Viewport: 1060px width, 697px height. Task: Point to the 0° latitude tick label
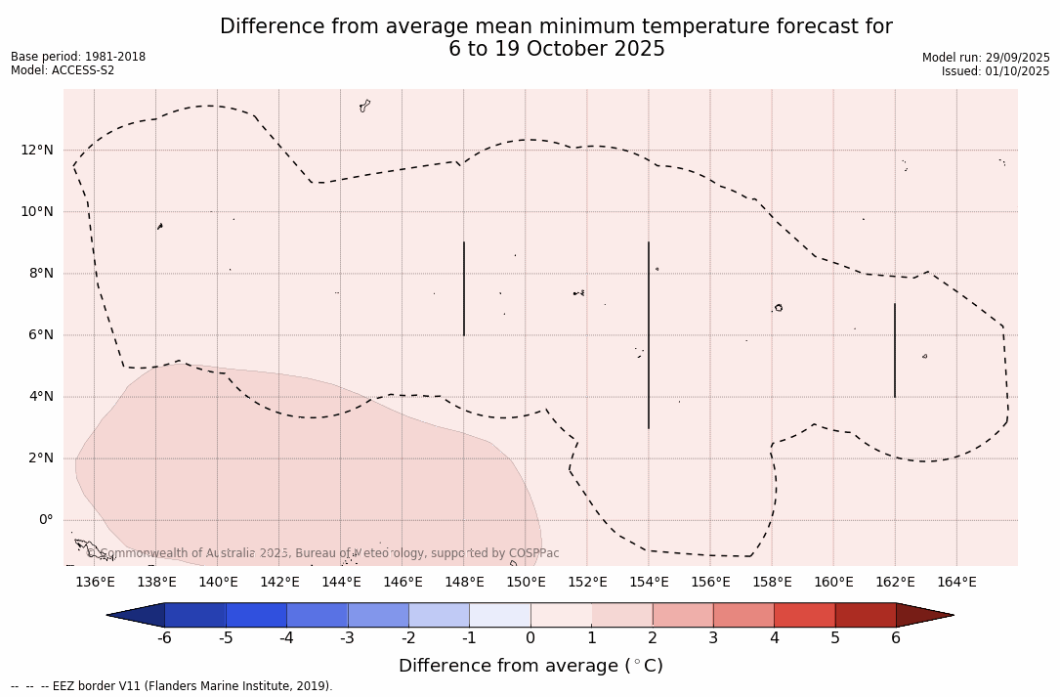45,520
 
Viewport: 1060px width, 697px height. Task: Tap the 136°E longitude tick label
95,583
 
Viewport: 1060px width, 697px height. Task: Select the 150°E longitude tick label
526,583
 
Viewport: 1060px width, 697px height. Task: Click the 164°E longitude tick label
956,583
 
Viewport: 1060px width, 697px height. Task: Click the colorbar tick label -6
164,638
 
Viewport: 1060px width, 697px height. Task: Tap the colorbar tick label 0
530,638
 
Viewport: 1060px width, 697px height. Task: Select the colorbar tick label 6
896,638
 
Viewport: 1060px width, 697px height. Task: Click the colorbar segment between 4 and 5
804,615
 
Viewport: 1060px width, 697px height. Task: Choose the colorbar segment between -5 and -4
256,615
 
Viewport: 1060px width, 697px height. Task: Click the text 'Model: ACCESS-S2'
63,70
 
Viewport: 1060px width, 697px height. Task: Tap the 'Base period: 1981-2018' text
78,57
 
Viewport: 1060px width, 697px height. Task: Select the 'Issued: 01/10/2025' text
996,71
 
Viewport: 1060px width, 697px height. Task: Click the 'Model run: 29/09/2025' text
986,58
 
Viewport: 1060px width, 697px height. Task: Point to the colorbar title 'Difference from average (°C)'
530,666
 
